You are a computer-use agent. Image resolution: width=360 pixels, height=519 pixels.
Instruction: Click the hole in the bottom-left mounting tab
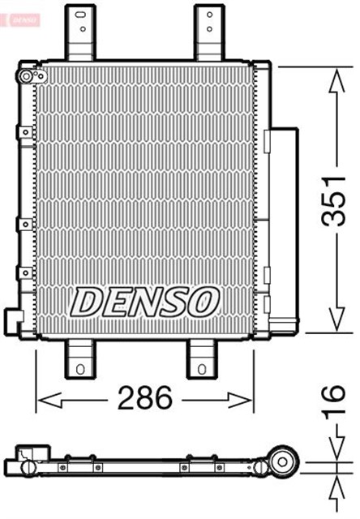(x=79, y=370)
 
